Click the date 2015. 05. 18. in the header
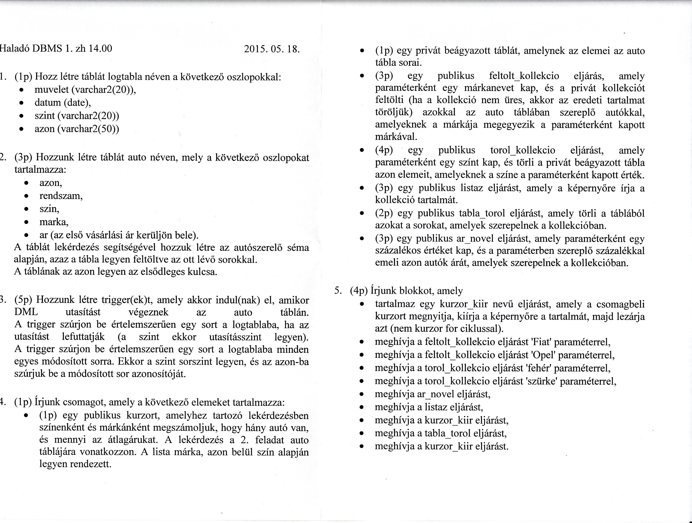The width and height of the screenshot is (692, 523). pos(271,49)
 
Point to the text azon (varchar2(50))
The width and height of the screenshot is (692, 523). pos(77,129)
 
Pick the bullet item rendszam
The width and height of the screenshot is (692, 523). pos(61,196)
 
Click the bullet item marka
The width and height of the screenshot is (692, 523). pos(54,222)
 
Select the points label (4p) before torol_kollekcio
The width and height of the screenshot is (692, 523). pos(384,150)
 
